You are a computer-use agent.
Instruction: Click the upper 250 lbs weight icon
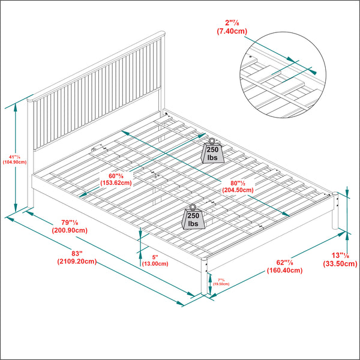pos(212,152)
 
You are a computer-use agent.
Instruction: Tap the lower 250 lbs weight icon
pos(194,218)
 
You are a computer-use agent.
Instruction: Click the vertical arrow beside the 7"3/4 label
pos(211,281)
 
